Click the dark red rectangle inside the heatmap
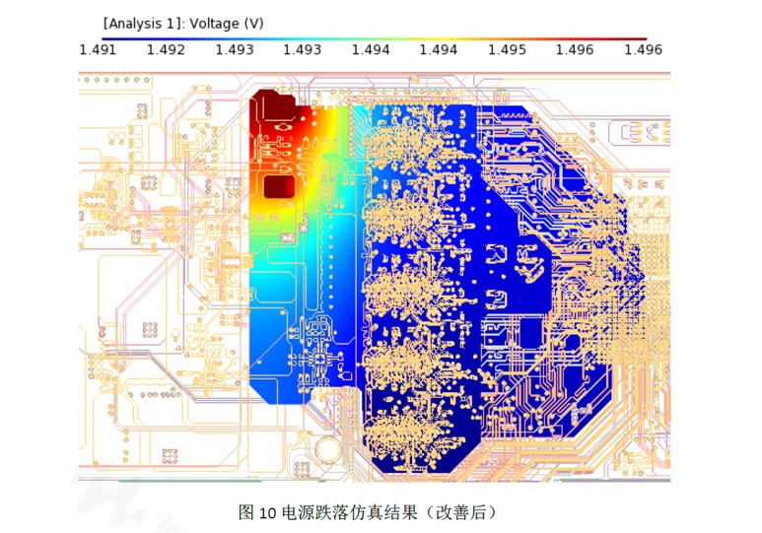coord(280,187)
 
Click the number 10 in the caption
coord(268,512)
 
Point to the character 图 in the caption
coord(246,512)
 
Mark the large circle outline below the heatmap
coord(325,448)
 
